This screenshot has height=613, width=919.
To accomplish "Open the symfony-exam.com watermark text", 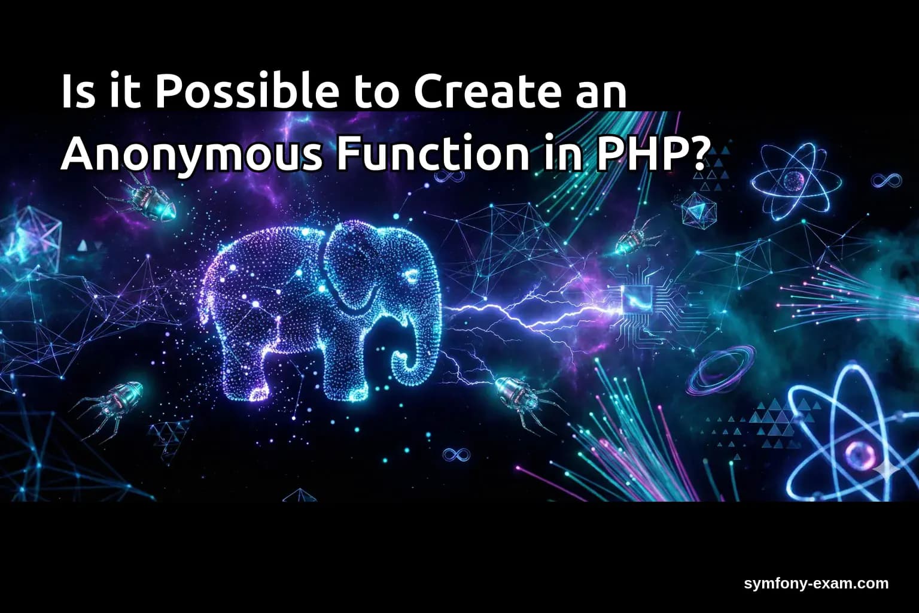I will click(x=816, y=584).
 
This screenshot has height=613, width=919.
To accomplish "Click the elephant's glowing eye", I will click(x=412, y=276).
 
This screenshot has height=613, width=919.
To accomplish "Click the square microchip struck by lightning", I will click(x=636, y=298).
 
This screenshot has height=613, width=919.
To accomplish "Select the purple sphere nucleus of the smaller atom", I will click(x=794, y=179).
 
